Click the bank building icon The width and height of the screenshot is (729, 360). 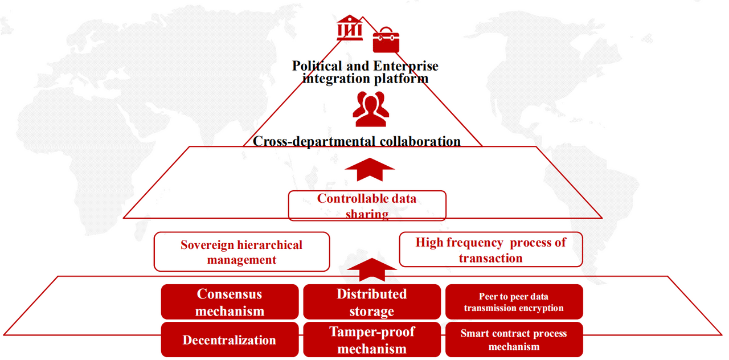350,28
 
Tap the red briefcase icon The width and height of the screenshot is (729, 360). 386,40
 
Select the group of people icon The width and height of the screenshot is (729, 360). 371,109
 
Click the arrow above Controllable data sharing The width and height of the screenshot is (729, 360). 370,170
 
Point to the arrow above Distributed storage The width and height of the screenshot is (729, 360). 372,270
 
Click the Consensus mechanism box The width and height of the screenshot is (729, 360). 230,302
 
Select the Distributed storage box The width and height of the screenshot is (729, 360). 372,302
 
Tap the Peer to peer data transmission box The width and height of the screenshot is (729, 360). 514,302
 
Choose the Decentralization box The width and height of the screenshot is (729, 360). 230,340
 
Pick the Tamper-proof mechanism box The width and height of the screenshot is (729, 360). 372,340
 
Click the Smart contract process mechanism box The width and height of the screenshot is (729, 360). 514,340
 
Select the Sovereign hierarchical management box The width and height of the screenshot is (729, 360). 242,252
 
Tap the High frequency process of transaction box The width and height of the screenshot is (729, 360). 491,249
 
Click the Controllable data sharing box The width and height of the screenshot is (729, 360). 367,206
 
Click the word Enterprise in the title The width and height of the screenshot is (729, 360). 406,67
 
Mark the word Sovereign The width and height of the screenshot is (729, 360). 207,246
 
